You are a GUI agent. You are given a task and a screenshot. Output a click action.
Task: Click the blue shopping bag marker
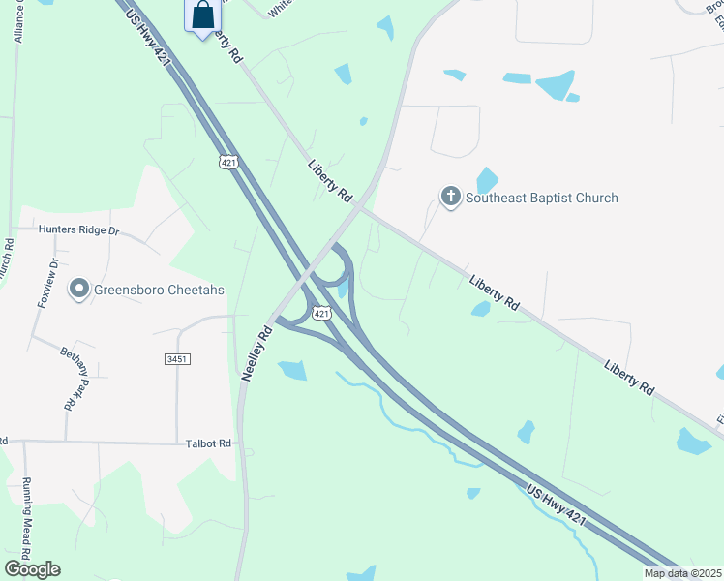pos(203,16)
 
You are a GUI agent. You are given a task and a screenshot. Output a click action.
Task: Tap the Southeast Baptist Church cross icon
pos(450,198)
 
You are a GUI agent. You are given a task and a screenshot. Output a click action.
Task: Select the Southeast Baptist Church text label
pos(541,199)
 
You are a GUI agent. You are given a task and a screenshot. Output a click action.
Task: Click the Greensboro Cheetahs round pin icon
pos(78,288)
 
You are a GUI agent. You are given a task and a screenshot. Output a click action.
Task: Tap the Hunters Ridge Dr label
pos(77,230)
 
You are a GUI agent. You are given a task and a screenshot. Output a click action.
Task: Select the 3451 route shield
pos(176,358)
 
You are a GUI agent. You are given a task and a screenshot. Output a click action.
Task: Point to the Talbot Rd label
pos(209,443)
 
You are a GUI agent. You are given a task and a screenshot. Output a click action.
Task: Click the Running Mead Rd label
pos(28,524)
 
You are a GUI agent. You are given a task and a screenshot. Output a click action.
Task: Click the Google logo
pos(32,569)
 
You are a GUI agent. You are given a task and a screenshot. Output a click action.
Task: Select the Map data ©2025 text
pos(682,573)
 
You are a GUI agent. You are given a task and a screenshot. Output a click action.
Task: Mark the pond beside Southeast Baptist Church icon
pos(486,179)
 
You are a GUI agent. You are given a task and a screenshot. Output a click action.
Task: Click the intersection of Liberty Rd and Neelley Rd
pos(358,206)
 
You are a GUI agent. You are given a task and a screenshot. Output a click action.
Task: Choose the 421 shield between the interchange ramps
pos(322,313)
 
